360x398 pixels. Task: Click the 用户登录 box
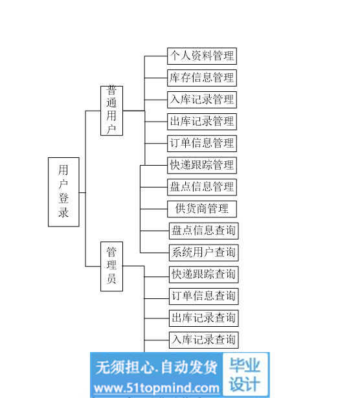pos(63,192)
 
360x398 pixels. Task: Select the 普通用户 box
pos(112,111)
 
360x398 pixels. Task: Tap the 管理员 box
pos(112,266)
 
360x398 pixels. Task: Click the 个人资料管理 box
pos(202,56)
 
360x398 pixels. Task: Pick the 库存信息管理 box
pos(202,78)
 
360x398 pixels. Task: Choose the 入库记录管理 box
pos(202,100)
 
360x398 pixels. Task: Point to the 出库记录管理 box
pos(202,122)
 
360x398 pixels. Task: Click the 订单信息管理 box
pos(202,144)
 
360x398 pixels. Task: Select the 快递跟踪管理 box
pos(202,165)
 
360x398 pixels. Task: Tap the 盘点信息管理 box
pos(202,187)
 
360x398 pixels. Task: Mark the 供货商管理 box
pos(202,209)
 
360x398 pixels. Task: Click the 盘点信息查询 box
pos(204,231)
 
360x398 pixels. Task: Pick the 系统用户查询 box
pos(204,252)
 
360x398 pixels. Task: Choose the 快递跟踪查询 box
pos(204,274)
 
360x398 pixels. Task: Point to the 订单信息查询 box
pos(204,296)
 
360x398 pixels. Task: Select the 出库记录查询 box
pos(204,318)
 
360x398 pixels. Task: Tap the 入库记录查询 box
pos(204,340)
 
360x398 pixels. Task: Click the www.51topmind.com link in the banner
pos(157,388)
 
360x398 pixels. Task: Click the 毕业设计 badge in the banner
pos(245,374)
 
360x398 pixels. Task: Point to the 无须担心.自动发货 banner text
pos(157,368)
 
